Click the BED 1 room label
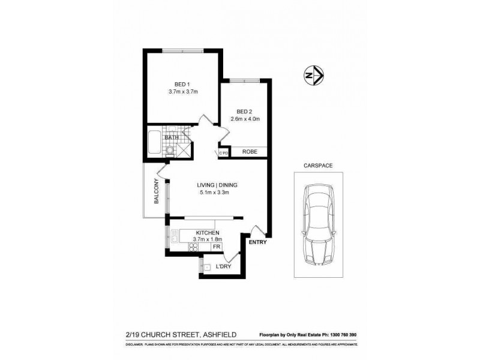pyautogui.click(x=182, y=83)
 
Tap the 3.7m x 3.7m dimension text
pyautogui.click(x=183, y=92)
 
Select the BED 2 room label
pyautogui.click(x=244, y=111)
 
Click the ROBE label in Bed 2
pyautogui.click(x=250, y=152)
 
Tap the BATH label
pyautogui.click(x=172, y=138)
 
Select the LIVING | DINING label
pyautogui.click(x=215, y=185)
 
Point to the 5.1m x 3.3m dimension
pyautogui.click(x=215, y=193)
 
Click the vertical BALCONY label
pyautogui.click(x=155, y=193)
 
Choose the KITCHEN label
pyautogui.click(x=206, y=232)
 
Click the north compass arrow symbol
pyautogui.click(x=312, y=76)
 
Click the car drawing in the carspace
pyautogui.click(x=317, y=226)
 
